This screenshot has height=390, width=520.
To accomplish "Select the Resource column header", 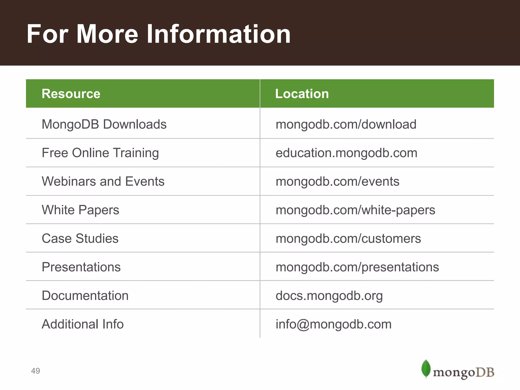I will pyautogui.click(x=71, y=94).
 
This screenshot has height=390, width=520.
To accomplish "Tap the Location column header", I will pyautogui.click(x=302, y=94).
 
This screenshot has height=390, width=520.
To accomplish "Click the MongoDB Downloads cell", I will pyautogui.click(x=104, y=124).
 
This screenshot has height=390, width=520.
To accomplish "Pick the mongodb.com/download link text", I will pyautogui.click(x=346, y=124).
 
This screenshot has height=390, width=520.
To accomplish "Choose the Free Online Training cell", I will pyautogui.click(x=100, y=153).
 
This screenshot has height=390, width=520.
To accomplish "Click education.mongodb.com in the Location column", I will pyautogui.click(x=346, y=153).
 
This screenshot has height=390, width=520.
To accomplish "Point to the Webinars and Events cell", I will pyautogui.click(x=103, y=181).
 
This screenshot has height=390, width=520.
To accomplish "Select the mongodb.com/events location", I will pyautogui.click(x=337, y=181).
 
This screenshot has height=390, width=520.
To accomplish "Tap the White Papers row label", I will pyautogui.click(x=80, y=210).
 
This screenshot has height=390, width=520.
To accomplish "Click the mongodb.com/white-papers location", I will pyautogui.click(x=355, y=210).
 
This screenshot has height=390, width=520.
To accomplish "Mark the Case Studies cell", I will pyautogui.click(x=80, y=238).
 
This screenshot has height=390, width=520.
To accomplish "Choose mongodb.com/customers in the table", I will pyautogui.click(x=348, y=238).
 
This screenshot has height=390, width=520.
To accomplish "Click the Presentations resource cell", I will pyautogui.click(x=81, y=267).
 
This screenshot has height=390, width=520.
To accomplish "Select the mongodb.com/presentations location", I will pyautogui.click(x=357, y=267).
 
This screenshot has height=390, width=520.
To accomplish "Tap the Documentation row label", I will pyautogui.click(x=85, y=296).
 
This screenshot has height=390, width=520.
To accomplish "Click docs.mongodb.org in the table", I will pyautogui.click(x=329, y=296).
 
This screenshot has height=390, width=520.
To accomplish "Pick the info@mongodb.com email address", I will pyautogui.click(x=333, y=324).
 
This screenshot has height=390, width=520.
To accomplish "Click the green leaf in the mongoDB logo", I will pyautogui.click(x=426, y=368).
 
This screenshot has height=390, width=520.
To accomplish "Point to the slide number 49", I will pyautogui.click(x=35, y=371).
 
